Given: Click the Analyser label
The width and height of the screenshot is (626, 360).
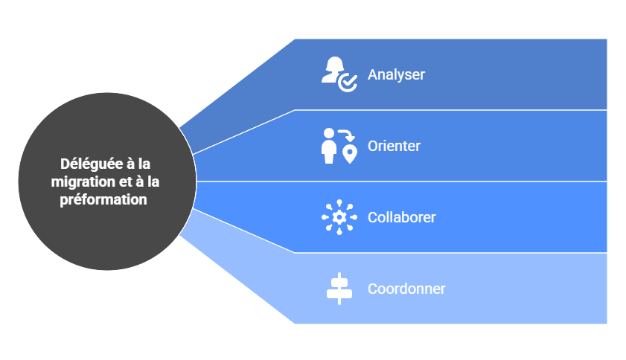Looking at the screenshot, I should [396, 75].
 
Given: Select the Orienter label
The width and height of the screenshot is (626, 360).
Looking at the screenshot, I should [394, 146].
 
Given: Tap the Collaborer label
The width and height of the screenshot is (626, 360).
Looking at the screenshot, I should [401, 217].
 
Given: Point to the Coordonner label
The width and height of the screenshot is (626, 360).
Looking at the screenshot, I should [406, 289].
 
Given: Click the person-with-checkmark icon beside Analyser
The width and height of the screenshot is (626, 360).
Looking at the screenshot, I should [339, 74].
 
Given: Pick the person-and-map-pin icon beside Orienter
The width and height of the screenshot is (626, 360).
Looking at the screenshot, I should [339, 145].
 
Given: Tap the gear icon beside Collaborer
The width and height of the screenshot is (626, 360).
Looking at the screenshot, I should [339, 217].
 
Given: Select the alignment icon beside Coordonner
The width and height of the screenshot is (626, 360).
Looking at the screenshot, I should [339, 289].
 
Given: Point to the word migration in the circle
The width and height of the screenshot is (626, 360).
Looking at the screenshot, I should [80, 181].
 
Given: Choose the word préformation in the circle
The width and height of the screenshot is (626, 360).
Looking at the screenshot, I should [104, 199].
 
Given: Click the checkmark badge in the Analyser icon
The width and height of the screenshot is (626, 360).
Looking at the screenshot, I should [348, 83].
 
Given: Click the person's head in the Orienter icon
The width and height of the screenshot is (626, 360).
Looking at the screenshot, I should [328, 132].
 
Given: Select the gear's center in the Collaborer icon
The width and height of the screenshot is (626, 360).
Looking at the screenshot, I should [339, 217].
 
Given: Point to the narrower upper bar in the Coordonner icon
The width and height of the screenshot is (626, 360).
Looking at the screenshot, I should [339, 282].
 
